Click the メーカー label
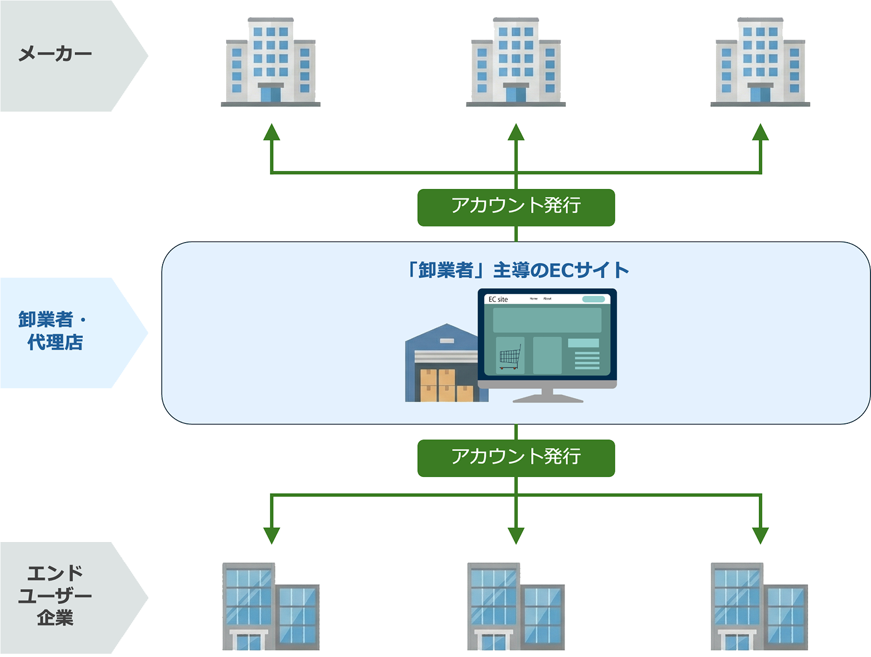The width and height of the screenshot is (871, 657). (55, 54)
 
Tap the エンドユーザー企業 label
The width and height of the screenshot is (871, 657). (55, 596)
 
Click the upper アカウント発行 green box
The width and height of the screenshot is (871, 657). (515, 206)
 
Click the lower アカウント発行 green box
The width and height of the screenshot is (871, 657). (515, 457)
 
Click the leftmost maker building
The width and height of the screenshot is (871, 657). (271, 62)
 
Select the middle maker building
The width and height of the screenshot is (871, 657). (515, 62)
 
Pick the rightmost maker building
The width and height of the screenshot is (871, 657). (760, 62)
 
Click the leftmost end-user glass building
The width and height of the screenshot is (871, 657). (271, 607)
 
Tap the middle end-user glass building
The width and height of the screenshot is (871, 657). (515, 607)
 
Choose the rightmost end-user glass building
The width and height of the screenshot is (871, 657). (759, 607)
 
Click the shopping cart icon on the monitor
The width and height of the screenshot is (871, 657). (510, 357)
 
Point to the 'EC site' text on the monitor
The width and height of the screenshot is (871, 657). (498, 299)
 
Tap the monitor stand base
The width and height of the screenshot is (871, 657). (547, 398)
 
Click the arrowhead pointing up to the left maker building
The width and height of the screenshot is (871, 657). (271, 133)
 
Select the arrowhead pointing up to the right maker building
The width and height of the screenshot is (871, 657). (760, 133)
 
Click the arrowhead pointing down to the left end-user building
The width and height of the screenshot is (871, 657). (271, 535)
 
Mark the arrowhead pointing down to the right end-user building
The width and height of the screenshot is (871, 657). (760, 535)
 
